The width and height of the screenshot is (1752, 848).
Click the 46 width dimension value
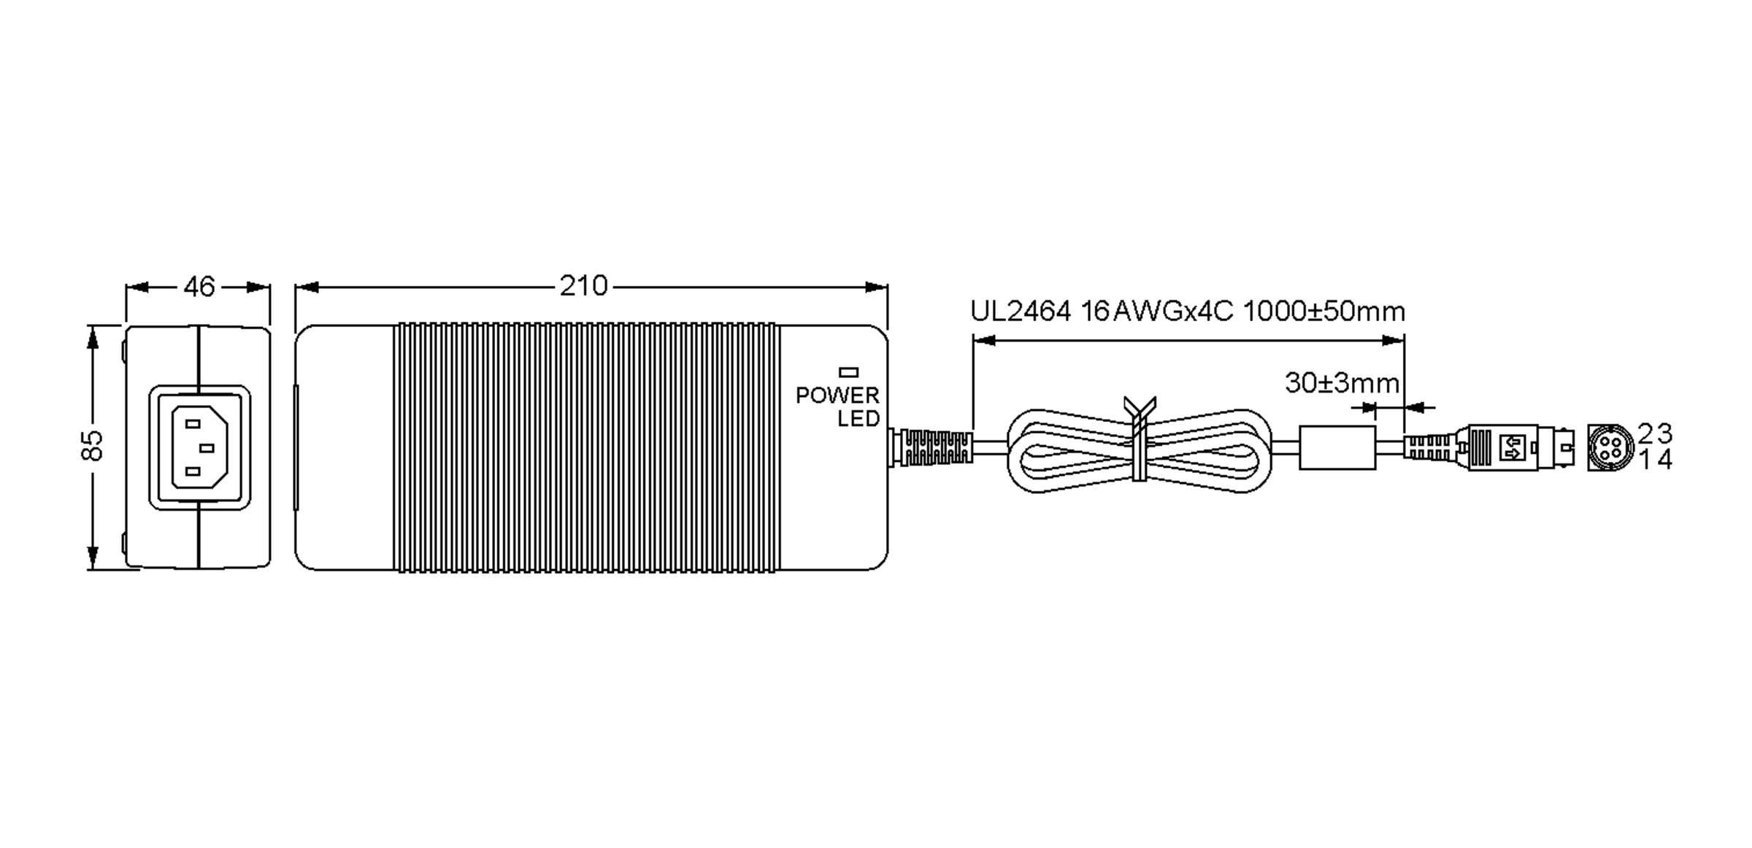199,287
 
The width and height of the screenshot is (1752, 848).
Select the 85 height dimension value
92,446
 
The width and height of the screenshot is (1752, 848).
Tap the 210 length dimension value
584,286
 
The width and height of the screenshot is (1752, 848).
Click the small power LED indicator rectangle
849,372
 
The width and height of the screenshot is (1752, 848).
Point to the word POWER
837,396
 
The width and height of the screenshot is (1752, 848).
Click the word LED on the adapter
858,419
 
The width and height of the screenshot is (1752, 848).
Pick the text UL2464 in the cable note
1021,312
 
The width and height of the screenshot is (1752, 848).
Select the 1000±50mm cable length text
1323,312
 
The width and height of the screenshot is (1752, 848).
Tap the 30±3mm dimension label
1342,383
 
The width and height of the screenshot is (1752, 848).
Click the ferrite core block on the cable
1337,448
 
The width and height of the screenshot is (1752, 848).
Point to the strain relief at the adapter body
931,448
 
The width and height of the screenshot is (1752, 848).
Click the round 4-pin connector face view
1610,447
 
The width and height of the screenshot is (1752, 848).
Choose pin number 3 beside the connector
1664,434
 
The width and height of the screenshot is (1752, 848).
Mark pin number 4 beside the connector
1664,460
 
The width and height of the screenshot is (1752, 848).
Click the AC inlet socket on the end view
199,447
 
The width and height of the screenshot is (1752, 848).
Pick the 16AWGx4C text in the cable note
1157,312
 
